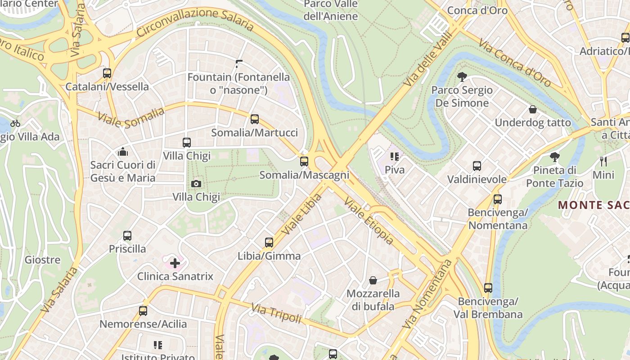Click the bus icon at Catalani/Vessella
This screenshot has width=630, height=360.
pos(107,73)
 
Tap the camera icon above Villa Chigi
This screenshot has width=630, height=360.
pos(196,184)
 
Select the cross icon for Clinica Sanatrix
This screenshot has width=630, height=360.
pos(175,263)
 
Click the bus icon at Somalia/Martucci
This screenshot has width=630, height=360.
pos(255,119)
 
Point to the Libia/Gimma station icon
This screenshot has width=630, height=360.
pos(269,243)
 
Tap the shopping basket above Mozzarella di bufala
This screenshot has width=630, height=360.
pos(373,281)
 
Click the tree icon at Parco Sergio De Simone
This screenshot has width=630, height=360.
pos(462,77)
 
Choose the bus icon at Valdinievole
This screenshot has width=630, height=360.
pos(477,166)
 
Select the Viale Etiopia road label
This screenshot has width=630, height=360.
pos(369,221)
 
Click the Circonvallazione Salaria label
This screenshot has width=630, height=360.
pos(195,22)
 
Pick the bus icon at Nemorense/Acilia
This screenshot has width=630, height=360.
pos(143,310)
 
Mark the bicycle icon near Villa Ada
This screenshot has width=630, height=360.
pos(15,123)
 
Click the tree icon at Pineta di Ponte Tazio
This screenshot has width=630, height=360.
pos(554,157)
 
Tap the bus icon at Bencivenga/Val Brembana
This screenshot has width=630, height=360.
pos(488,288)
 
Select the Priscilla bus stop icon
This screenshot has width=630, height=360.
pos(127,235)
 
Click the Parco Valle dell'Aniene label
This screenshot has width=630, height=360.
pos(331,10)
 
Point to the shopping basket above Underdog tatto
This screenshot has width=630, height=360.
pos(533,109)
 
